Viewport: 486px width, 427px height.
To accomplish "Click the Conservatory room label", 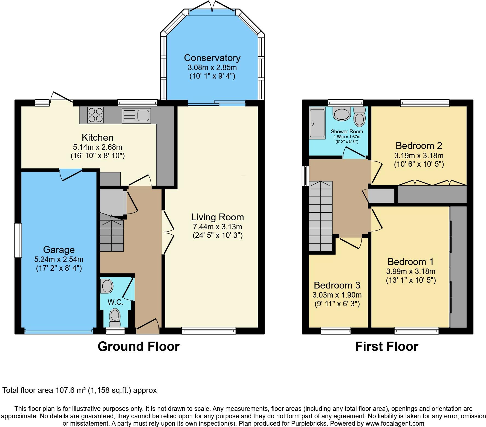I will (x=212, y=58).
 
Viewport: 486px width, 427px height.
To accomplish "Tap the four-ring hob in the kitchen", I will (x=95, y=115).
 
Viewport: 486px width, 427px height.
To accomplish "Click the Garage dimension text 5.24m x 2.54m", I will (x=59, y=259).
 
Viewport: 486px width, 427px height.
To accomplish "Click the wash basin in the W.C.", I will (x=107, y=286).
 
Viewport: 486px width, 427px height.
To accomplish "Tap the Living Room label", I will (x=217, y=217).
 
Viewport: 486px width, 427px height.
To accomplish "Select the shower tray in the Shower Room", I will (x=317, y=123).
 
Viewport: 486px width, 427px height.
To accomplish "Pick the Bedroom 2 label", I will (x=419, y=145).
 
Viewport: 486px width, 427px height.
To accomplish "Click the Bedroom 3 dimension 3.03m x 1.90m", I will (x=337, y=295).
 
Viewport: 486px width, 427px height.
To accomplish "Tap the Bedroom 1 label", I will (x=410, y=262).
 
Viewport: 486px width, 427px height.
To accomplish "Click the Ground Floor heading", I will (x=138, y=347).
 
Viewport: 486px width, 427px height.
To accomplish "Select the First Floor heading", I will (x=386, y=347).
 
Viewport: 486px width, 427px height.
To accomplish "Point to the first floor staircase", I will (x=320, y=216).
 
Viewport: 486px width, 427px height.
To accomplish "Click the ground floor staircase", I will (x=111, y=234).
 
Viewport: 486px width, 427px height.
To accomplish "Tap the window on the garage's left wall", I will (x=18, y=240).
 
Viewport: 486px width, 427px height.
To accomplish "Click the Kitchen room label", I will (x=97, y=137).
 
